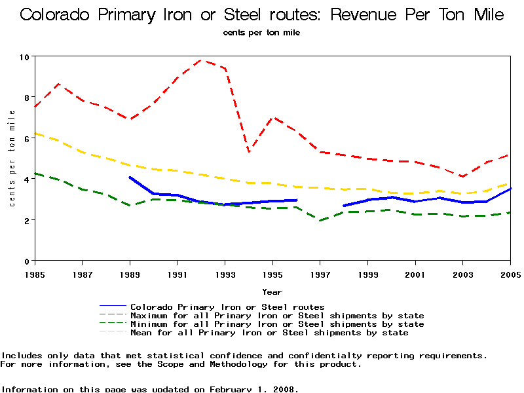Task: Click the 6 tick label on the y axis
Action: click(x=27, y=138)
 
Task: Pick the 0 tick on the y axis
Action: click(x=27, y=261)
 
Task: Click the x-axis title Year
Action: click(x=272, y=291)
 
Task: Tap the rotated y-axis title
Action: click(x=12, y=158)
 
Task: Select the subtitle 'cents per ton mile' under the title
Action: click(x=261, y=32)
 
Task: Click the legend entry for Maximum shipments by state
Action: click(x=276, y=316)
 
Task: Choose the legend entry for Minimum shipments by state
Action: click(x=276, y=324)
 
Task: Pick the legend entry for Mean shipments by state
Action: click(x=269, y=333)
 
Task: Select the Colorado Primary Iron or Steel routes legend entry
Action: click(x=227, y=307)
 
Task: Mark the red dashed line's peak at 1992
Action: click(x=201, y=60)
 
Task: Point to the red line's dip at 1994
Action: click(x=249, y=152)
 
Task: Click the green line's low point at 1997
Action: click(x=320, y=220)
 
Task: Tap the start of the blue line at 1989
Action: click(x=130, y=178)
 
